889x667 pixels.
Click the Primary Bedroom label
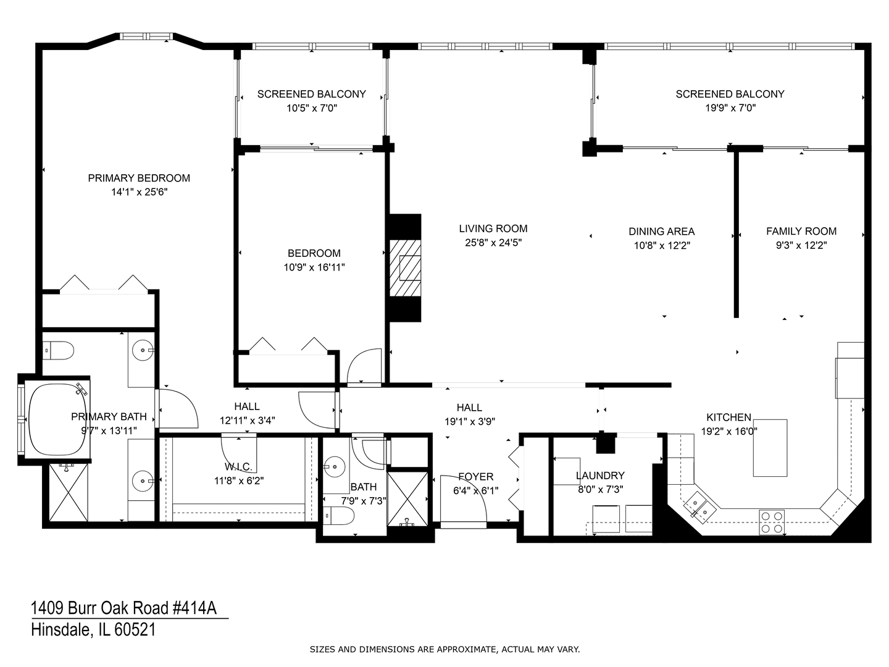(139, 178)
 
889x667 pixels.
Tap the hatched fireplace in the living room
(404, 268)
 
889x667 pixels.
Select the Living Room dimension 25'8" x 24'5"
(493, 243)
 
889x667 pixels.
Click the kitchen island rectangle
(770, 448)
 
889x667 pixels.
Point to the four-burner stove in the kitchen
(772, 521)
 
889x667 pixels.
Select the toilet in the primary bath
(59, 351)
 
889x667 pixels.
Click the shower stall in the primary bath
(69, 492)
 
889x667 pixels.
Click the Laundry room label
(600, 476)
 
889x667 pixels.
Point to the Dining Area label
(661, 232)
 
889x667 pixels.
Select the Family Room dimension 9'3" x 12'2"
(801, 245)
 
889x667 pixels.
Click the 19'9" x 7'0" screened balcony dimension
(730, 108)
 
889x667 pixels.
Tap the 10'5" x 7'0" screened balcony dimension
(311, 108)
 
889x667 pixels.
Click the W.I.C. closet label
(238, 467)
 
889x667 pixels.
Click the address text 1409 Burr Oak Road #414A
(124, 608)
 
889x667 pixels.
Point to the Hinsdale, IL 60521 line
(93, 630)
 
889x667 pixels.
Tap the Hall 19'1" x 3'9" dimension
(469, 422)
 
